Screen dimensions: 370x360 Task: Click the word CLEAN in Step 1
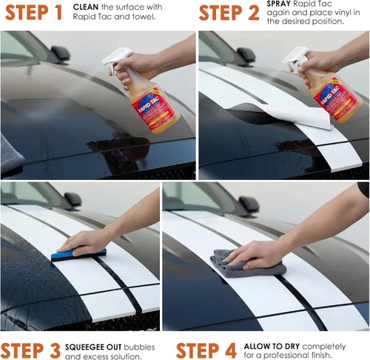[86, 7]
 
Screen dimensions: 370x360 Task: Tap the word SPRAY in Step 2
[279, 4]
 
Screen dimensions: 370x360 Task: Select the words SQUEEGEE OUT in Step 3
[93, 347]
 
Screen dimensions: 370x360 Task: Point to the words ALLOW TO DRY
[272, 347]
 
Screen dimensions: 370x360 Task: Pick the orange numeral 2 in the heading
[254, 13]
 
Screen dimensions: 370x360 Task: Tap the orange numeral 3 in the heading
[55, 350]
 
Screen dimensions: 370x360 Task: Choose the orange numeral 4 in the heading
[230, 350]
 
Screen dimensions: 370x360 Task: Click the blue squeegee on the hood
[78, 254]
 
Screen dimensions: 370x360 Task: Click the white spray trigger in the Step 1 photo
[116, 59]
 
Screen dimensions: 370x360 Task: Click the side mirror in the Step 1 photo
[60, 54]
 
